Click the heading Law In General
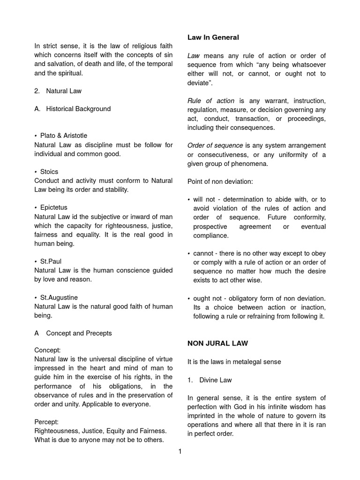tap(213, 37)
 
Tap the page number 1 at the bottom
tap(180, 451)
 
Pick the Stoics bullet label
tap(49, 172)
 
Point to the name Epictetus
tap(53, 208)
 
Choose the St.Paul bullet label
tap(51, 261)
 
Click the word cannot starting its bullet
tap(204, 253)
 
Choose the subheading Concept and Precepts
tap(79, 333)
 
